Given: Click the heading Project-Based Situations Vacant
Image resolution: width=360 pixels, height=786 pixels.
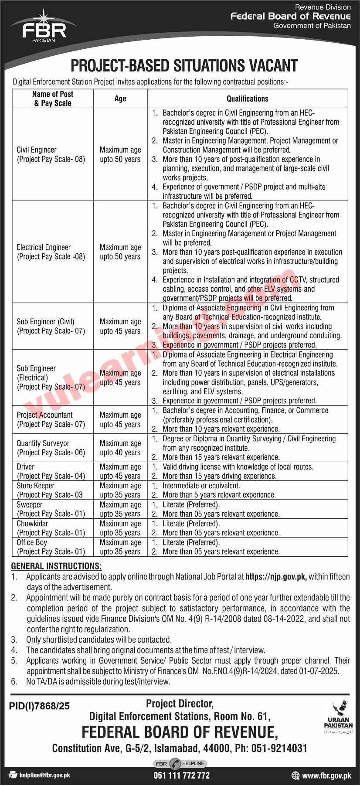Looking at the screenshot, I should (184, 66).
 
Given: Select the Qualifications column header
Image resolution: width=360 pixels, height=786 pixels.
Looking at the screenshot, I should (247, 99).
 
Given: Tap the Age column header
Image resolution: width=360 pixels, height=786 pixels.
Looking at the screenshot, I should (120, 99).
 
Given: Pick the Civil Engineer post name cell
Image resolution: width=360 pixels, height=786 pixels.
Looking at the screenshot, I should (51, 154).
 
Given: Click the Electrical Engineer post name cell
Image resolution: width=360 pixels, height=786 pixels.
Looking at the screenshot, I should (51, 252).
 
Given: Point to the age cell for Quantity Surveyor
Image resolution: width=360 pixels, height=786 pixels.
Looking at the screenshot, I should (120, 448).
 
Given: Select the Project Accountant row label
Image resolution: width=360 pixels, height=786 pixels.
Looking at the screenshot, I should (51, 419).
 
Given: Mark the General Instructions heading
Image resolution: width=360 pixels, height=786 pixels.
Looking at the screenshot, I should (56, 566).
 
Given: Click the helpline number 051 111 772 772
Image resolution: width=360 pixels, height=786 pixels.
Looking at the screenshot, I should (181, 776).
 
